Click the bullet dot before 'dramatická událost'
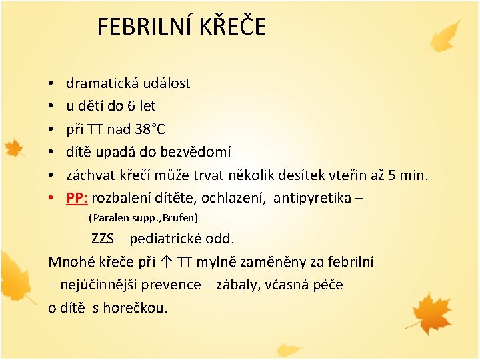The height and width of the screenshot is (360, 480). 51,84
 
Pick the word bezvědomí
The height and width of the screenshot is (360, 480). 195,151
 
